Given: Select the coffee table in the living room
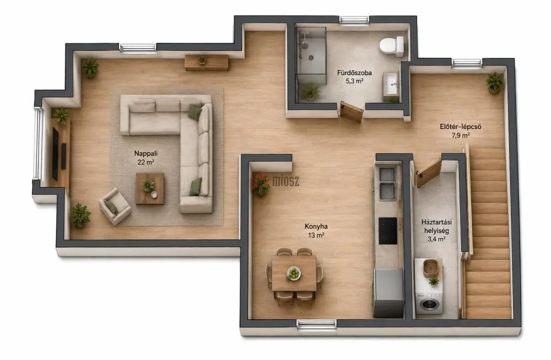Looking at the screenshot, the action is [150, 189].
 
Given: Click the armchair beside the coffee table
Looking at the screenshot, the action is [115, 206].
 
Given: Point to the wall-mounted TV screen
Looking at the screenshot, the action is [55, 154].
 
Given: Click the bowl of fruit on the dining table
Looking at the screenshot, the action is [294, 273].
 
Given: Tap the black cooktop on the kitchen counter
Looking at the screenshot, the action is [387, 230].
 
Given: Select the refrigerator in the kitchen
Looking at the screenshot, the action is [388, 293].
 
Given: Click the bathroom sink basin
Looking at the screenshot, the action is [391, 84].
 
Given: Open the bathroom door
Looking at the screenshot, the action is [352, 112].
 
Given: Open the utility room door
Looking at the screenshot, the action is [429, 173].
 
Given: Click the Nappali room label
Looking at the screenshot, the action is [146, 153].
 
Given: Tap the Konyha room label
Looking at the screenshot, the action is [316, 227].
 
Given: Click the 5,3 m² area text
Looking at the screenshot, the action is [354, 81].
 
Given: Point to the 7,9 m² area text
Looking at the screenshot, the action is [461, 135].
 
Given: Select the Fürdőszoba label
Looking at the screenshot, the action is [354, 73].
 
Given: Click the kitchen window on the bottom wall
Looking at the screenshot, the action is [317, 324].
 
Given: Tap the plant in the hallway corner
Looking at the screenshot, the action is [494, 83].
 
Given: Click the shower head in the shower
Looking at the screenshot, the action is [305, 45].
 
